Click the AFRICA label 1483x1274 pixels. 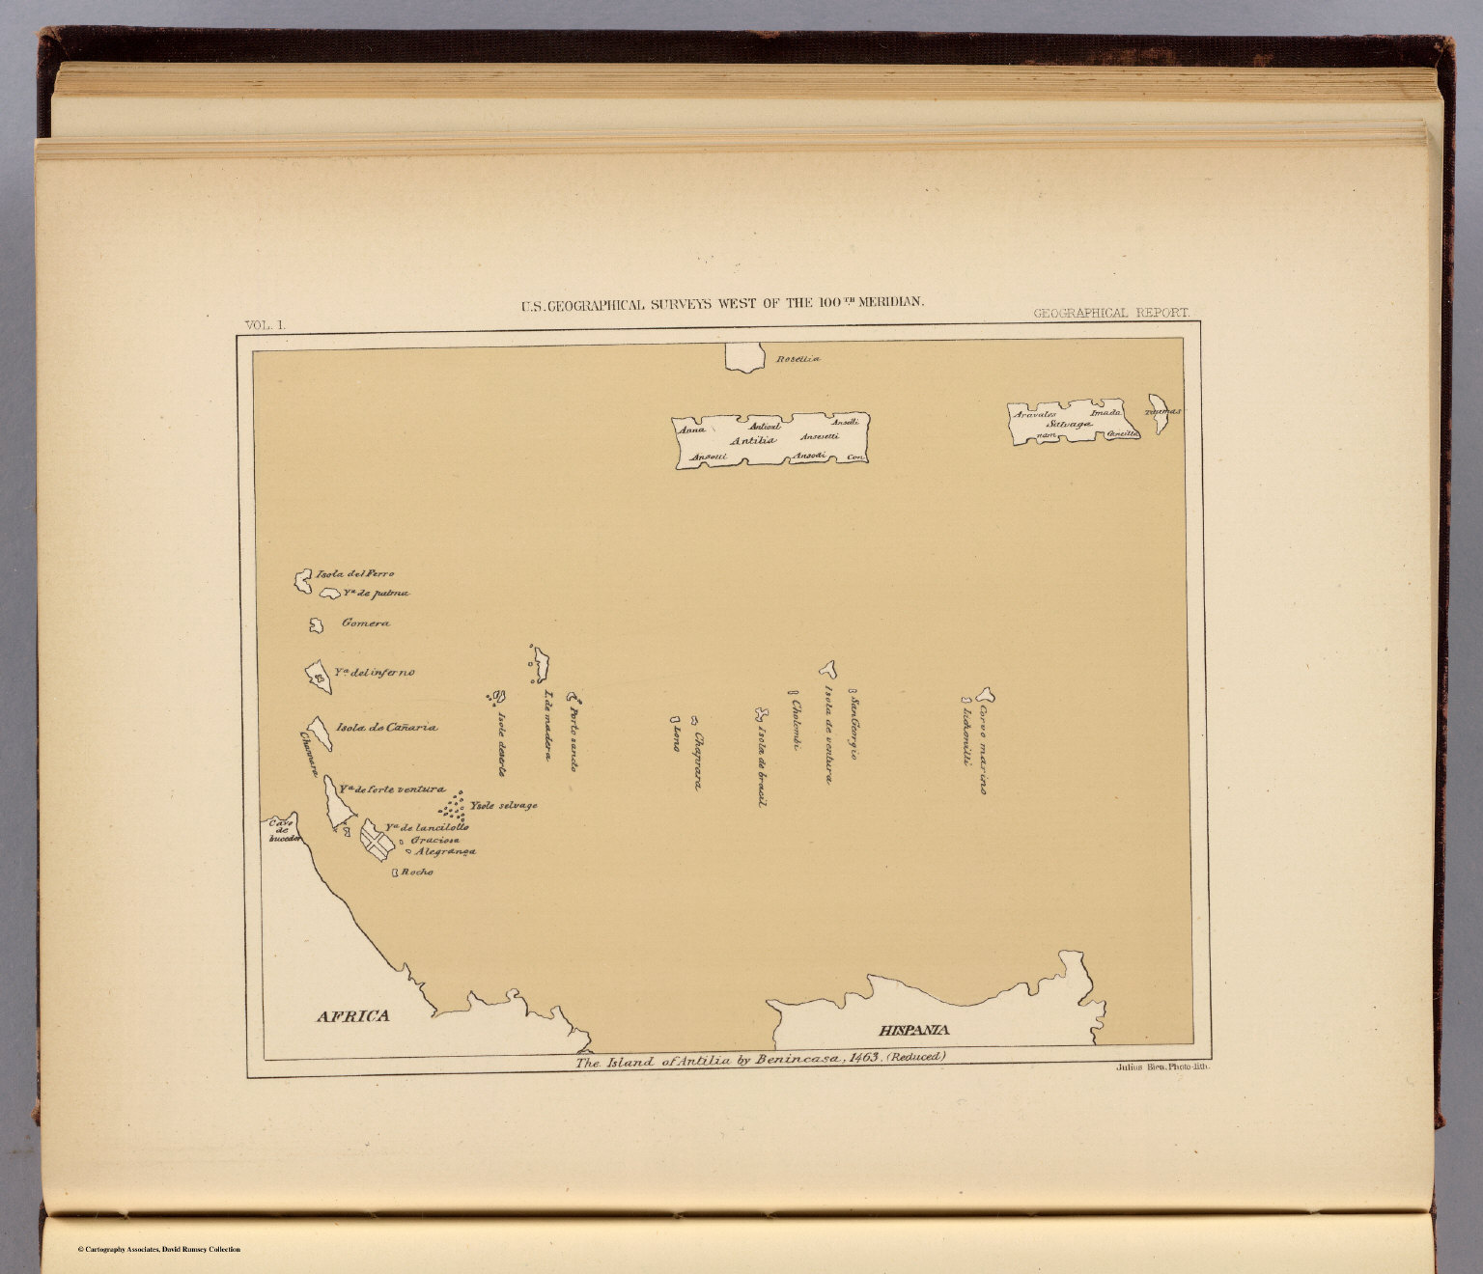pyautogui.click(x=353, y=1015)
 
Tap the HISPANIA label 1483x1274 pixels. pyautogui.click(x=913, y=1030)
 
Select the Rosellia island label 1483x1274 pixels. pyautogui.click(x=797, y=359)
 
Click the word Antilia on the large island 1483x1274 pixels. pyautogui.click(x=753, y=441)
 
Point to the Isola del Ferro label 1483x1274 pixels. pyautogui.click(x=354, y=574)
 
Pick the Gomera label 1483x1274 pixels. pyautogui.click(x=366, y=623)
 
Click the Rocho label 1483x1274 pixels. pyautogui.click(x=417, y=872)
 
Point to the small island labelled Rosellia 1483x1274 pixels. pyautogui.click(x=745, y=357)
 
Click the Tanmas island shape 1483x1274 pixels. pyautogui.click(x=1156, y=413)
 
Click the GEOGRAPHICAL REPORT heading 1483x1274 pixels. pyautogui.click(x=1110, y=314)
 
